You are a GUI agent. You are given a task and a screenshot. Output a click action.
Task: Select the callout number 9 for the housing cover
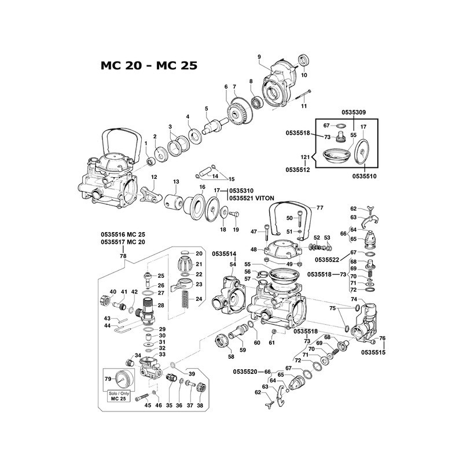tap(259, 56)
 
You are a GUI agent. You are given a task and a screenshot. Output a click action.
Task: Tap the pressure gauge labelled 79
tap(122, 380)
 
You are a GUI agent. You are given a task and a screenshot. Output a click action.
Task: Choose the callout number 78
tap(123, 255)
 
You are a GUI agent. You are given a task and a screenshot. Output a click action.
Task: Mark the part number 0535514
tap(224, 253)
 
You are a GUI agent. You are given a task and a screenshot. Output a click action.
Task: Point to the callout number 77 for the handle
tap(319, 207)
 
